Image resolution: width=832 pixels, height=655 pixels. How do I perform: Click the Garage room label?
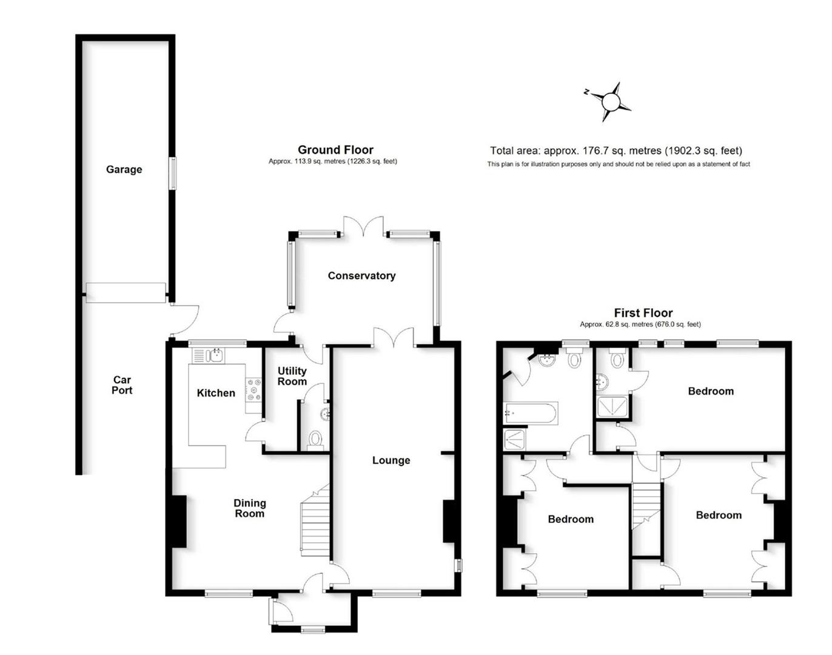coord(124,170)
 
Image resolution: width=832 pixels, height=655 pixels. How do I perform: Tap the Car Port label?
coord(122,385)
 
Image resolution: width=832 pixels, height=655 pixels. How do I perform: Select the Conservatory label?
coord(361,276)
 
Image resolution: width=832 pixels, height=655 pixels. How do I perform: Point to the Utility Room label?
coord(292,376)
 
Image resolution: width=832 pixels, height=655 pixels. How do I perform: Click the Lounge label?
coord(391,460)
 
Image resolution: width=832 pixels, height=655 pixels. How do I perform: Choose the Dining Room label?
coord(250,508)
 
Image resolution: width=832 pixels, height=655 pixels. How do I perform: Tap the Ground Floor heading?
coord(335,150)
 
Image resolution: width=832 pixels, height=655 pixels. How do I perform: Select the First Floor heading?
coord(643,313)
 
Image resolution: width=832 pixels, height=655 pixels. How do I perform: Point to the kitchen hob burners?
coord(253,390)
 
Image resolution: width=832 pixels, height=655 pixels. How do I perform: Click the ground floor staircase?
coord(315,522)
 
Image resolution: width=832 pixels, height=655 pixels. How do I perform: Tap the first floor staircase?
coord(646,503)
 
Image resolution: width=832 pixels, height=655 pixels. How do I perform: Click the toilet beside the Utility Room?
coord(315,438)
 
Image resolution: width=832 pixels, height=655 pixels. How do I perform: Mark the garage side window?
coord(173,173)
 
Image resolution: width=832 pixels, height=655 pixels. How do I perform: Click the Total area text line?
coord(616,151)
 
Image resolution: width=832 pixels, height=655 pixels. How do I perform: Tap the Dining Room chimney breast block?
coord(178,522)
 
